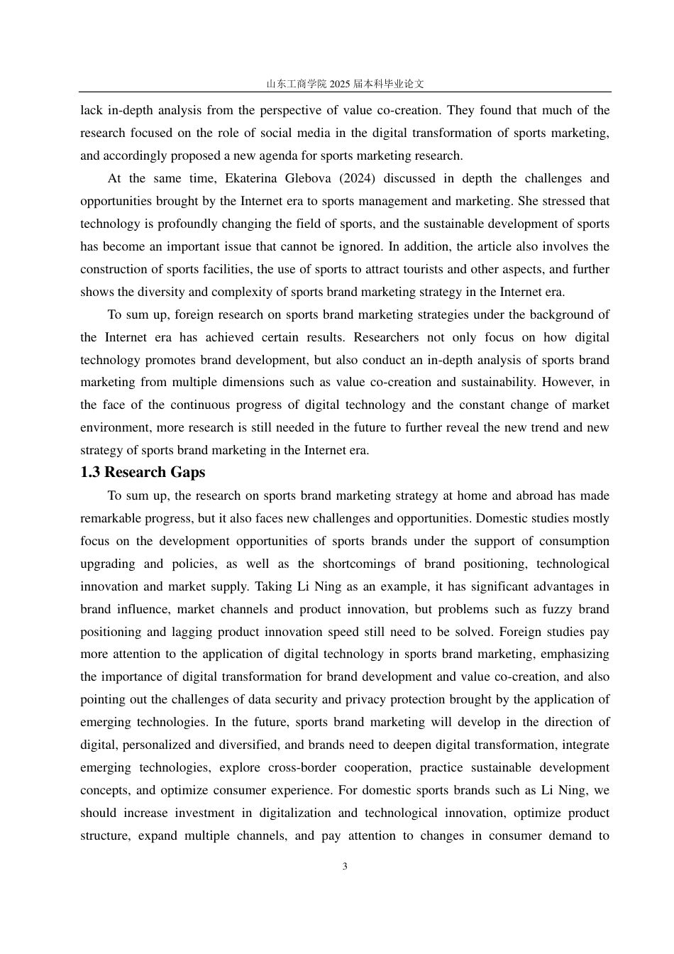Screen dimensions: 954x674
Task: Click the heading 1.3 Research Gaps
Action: pyautogui.click(x=143, y=473)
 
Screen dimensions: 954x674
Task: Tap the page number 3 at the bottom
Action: pyautogui.click(x=345, y=867)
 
